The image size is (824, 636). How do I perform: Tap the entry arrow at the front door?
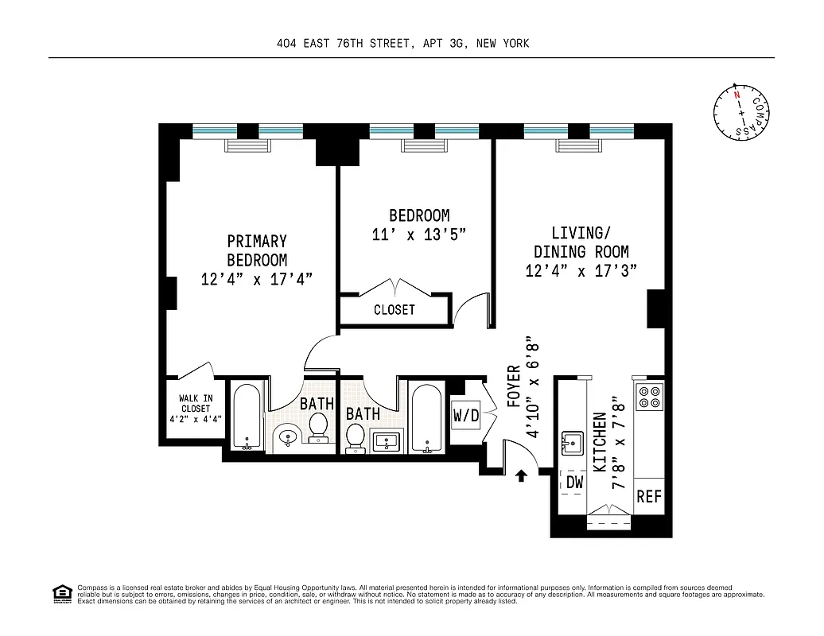522,475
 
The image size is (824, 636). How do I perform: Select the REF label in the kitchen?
649,497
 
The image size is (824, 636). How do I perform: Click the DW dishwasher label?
574,481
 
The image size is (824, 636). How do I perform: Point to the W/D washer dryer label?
466,415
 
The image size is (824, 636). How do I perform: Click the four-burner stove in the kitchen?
649,396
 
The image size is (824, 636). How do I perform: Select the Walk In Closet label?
195,409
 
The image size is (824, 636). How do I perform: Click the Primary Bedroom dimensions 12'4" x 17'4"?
256,279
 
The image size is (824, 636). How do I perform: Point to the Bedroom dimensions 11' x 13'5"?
418,235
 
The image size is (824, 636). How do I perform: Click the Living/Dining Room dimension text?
583,271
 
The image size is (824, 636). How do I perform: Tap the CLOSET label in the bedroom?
394,310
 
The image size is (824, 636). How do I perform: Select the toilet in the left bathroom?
320,425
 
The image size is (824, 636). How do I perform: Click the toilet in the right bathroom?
356,435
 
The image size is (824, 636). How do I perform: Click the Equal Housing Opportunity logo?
60,593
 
